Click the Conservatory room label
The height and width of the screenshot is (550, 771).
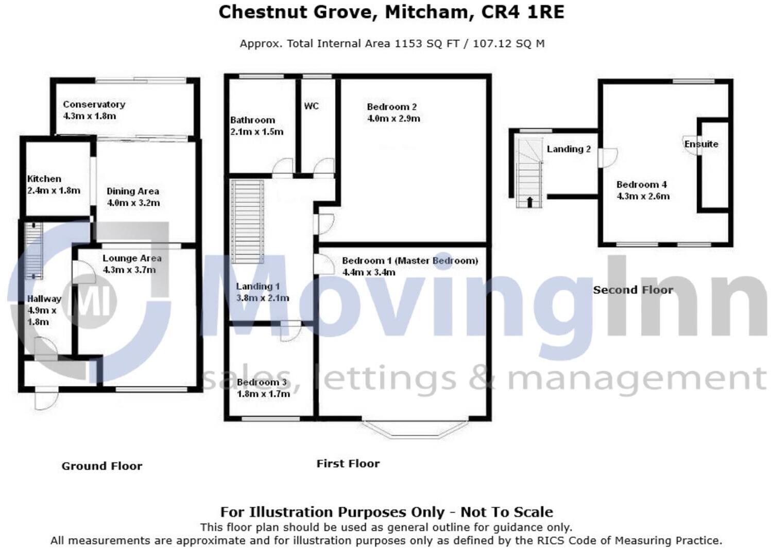(x=94, y=104)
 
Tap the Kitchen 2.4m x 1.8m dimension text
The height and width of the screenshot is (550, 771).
(x=54, y=190)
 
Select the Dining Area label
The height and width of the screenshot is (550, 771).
(x=132, y=191)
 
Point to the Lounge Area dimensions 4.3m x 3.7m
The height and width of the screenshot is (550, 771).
(x=129, y=270)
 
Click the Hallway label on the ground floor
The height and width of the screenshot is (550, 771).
(x=44, y=298)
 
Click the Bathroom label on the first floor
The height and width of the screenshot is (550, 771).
(x=252, y=120)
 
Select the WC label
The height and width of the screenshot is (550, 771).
(x=311, y=106)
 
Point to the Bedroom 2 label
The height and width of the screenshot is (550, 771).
(x=391, y=107)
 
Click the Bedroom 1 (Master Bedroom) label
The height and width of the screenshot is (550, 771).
(x=409, y=260)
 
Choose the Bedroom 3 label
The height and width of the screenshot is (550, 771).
(x=262, y=382)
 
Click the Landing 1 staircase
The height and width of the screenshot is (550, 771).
(x=247, y=221)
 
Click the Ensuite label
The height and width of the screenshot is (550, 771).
(x=700, y=144)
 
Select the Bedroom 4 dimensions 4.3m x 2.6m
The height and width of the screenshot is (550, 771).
(x=643, y=196)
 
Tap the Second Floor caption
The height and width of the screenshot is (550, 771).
(x=632, y=290)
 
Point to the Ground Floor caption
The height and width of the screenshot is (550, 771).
(x=101, y=466)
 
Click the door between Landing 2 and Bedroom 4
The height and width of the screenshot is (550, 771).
(x=607, y=157)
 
